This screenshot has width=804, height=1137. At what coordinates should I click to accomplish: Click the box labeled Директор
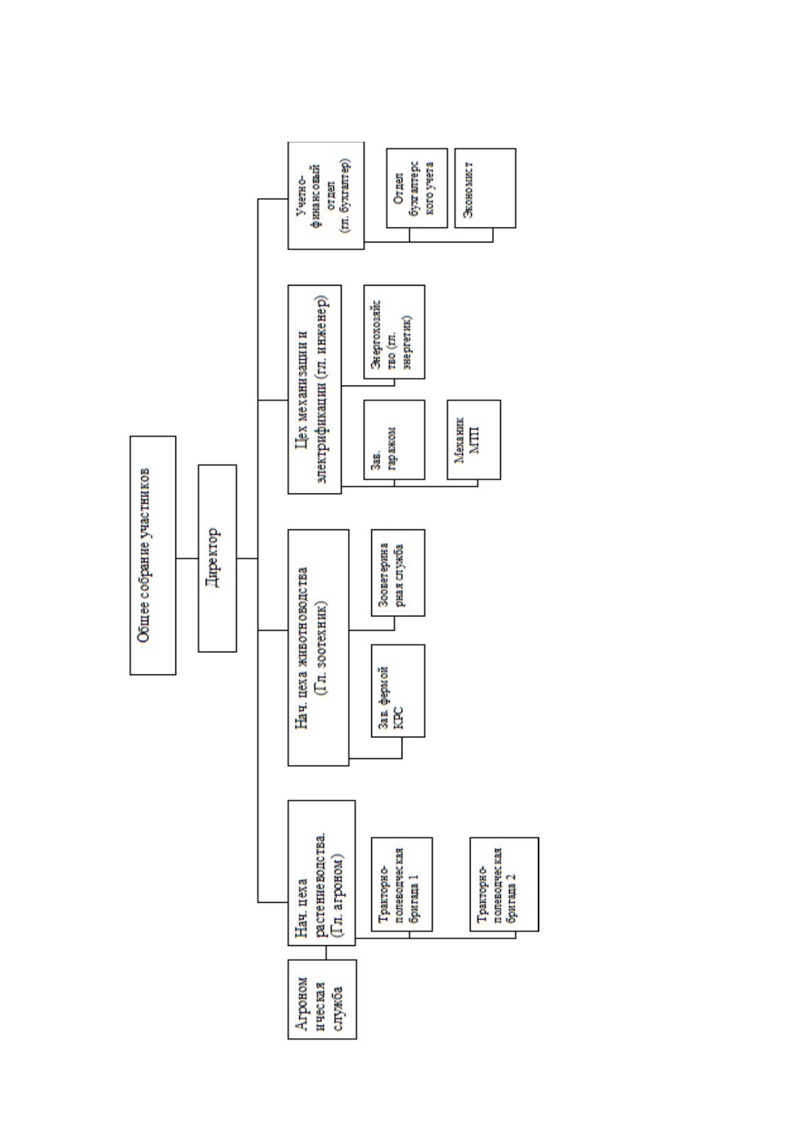coord(217,558)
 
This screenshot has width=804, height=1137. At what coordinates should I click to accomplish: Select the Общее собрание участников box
coord(153,555)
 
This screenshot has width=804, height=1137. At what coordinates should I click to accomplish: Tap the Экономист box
coord(485,188)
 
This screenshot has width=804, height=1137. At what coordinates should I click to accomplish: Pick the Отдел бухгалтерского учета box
coord(417,188)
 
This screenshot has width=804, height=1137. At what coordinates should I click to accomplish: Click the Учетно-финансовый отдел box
coord(326,195)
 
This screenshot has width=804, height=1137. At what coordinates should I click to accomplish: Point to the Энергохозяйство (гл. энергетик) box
coord(394,332)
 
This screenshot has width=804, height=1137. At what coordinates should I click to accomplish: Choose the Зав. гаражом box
coord(394,440)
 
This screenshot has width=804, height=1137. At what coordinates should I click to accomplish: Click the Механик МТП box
coord(474,440)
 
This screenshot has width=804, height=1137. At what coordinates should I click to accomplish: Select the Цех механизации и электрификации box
coord(315,390)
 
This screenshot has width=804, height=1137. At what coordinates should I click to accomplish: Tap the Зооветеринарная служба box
coord(398,573)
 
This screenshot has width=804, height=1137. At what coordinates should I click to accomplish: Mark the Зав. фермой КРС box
coord(398,691)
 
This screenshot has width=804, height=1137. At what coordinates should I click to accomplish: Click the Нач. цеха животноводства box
coord(318,647)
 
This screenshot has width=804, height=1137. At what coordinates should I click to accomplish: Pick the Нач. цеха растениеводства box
coord(322,873)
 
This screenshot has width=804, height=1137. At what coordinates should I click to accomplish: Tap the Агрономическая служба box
coord(322,999)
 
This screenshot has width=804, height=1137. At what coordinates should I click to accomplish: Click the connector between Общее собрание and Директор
coord(187,558)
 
